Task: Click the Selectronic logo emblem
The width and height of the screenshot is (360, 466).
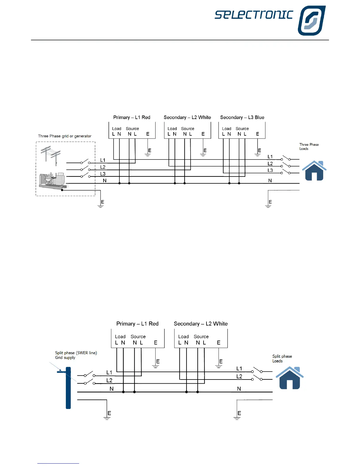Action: click(311, 21)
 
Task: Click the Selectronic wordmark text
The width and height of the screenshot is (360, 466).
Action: click(254, 15)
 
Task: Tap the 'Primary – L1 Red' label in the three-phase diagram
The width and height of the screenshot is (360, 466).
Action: click(131, 117)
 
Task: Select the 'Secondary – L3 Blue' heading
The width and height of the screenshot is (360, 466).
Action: click(242, 117)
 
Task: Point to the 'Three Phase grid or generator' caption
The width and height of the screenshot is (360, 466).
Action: click(65, 136)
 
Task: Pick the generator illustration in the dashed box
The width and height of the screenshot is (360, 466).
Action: click(53, 180)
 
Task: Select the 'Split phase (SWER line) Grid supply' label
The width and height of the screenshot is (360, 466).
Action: click(76, 355)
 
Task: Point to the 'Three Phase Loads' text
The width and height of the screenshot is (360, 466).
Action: click(309, 147)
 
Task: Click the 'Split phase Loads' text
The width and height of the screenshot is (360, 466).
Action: click(282, 359)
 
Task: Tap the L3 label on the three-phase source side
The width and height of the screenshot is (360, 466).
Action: click(103, 174)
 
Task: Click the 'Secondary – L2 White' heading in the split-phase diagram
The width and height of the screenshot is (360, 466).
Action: click(201, 324)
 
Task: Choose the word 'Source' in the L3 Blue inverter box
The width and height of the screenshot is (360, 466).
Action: click(242, 129)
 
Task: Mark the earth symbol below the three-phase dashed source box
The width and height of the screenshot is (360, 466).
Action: click(101, 206)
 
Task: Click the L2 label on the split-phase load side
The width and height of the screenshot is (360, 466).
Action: click(239, 376)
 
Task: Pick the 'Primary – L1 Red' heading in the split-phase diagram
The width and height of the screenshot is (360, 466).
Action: click(137, 324)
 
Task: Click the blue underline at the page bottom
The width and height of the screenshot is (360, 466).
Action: click(58, 463)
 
